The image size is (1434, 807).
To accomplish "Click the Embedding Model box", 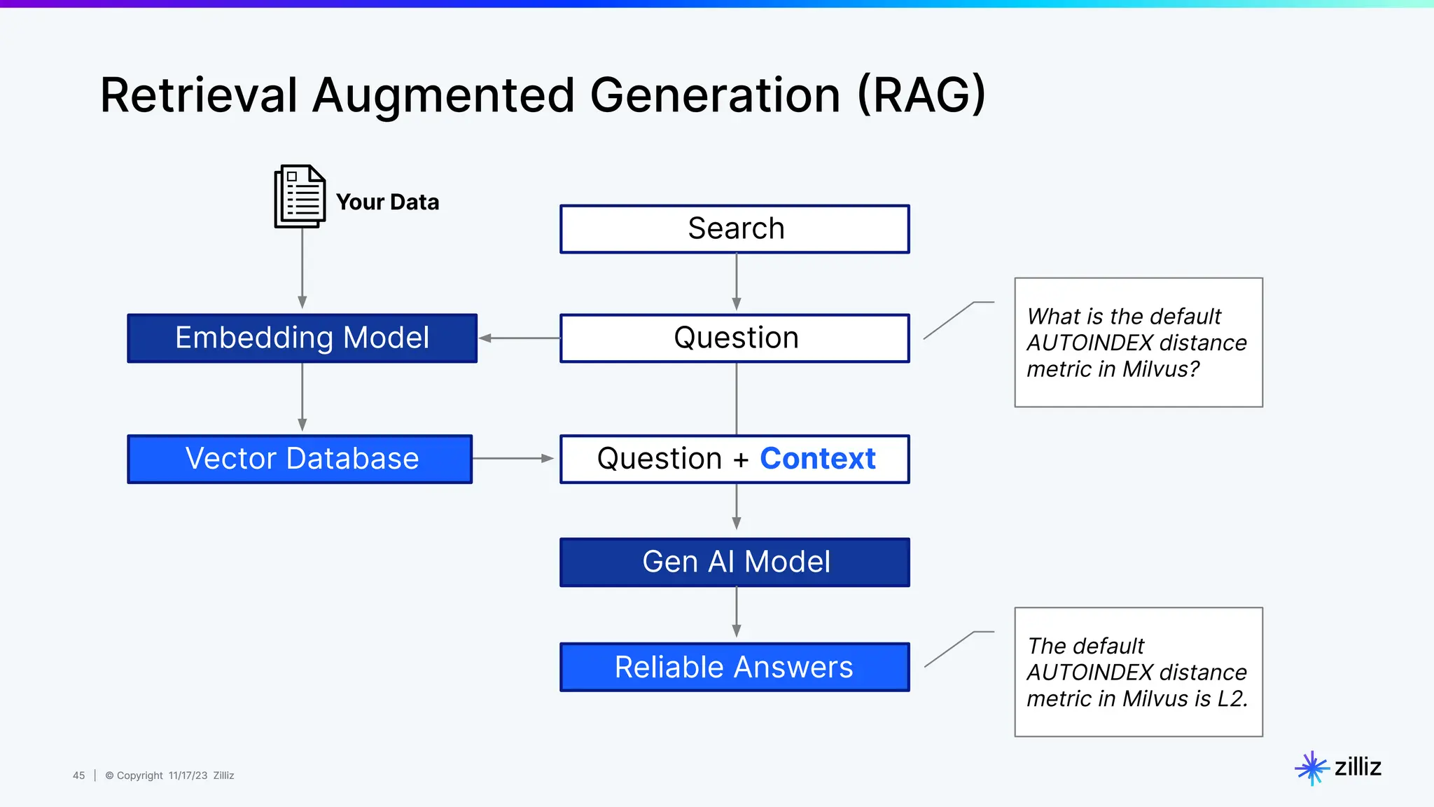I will tap(302, 338).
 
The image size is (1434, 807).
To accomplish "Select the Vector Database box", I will tap(300, 459).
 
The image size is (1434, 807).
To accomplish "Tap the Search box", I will tap(735, 229).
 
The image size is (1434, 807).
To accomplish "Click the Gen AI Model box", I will tap(735, 562).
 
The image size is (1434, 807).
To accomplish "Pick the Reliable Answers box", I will tap(735, 667).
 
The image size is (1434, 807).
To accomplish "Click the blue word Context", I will tap(817, 459).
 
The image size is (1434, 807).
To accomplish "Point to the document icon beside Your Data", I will tap(300, 196).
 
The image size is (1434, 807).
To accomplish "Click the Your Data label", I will tap(387, 202).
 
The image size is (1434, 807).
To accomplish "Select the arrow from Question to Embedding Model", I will tap(519, 338).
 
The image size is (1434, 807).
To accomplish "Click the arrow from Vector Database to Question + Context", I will tap(513, 459).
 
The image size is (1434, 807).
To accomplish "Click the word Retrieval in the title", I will tap(199, 95).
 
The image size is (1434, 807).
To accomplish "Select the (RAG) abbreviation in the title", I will tap(921, 95).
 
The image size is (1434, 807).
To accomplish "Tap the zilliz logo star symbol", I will tap(1311, 768).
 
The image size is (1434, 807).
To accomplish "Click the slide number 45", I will tap(78, 775).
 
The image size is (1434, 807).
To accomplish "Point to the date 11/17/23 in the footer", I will tap(188, 775).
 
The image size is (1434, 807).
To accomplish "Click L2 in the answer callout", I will tap(1231, 699).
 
